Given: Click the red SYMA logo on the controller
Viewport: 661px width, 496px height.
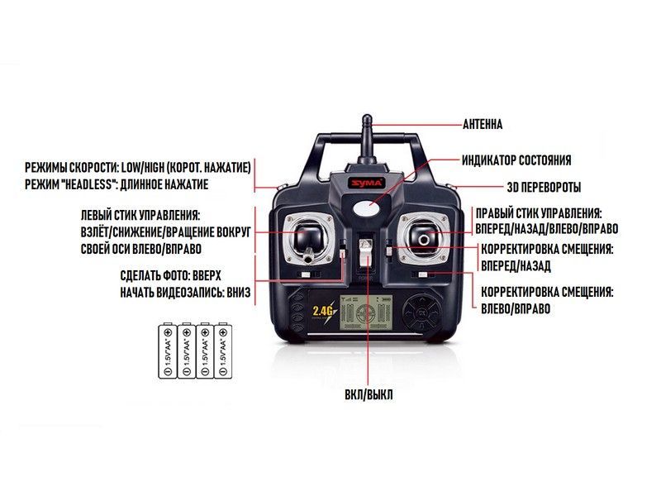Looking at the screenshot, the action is [366, 183].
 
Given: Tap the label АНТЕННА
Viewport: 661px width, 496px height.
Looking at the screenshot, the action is [483, 125].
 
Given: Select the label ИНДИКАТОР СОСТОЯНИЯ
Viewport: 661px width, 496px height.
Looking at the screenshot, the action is [516, 160].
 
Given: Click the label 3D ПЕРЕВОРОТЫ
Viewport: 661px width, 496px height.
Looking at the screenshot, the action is [544, 188].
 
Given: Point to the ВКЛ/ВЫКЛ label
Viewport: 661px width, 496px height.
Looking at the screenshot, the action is [369, 395].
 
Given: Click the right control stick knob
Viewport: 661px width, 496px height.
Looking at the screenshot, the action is [424, 239].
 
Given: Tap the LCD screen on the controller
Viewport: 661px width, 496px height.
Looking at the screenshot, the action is [366, 312].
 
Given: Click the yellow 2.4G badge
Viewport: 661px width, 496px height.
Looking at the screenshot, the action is [324, 311].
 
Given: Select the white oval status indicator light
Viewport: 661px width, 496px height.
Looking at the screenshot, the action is [367, 207].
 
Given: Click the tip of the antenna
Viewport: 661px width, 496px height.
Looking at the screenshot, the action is [367, 117].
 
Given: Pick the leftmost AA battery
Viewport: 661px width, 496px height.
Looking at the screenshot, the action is [168, 351].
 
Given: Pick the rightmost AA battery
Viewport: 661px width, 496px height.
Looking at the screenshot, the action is [223, 351].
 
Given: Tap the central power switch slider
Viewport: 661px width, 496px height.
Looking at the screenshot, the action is [365, 251].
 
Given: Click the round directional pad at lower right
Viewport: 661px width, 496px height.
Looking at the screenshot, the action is [422, 313].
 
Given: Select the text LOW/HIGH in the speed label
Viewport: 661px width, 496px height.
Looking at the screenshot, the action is [142, 168].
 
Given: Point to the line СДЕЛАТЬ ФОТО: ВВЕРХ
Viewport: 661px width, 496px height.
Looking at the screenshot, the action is [170, 276].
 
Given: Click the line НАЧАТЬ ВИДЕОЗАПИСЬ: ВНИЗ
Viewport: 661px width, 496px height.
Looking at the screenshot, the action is [185, 293].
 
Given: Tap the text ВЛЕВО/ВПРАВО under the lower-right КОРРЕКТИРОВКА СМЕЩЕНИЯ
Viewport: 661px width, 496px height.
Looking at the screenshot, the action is [516, 308].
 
